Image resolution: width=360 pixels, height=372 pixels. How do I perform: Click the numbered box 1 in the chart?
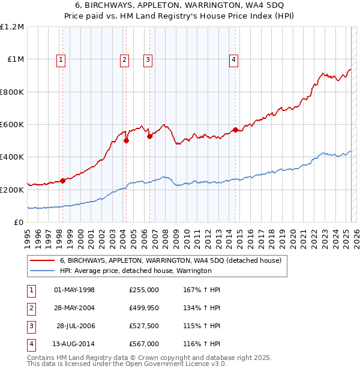tap(62, 59)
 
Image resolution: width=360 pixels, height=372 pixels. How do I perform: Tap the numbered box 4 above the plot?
tap(233, 59)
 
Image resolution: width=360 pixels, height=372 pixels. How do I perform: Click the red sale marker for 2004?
tap(127, 141)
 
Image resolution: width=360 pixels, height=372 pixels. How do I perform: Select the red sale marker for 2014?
tap(235, 130)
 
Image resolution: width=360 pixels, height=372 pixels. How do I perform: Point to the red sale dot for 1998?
tap(62, 181)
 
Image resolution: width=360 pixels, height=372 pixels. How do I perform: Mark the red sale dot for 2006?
tap(149, 136)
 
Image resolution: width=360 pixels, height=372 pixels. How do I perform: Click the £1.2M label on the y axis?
tap(12, 27)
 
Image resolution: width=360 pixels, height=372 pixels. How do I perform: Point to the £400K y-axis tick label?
tap(12, 157)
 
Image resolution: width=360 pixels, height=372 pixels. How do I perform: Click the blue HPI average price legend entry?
tap(136, 271)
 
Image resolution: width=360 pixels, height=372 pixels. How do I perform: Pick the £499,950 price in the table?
tap(144, 308)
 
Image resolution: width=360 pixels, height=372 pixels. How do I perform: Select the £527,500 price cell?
tap(144, 326)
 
